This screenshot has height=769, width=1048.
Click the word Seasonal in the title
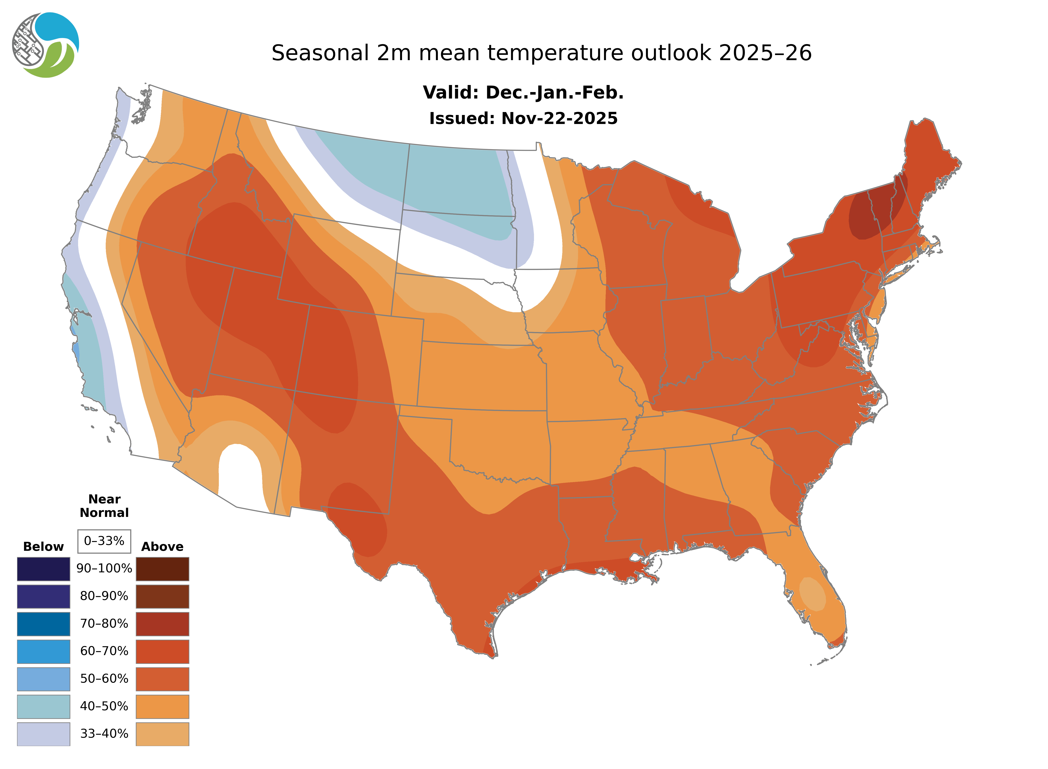coord(320,53)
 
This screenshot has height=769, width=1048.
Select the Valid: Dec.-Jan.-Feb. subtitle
coord(523,93)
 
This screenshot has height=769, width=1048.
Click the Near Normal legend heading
coord(104,506)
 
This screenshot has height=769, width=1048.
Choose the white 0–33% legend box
coord(104,541)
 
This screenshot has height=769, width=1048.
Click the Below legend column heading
coord(43,546)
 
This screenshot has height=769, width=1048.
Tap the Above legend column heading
coord(162,546)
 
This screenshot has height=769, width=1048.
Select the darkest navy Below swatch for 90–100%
coord(43,569)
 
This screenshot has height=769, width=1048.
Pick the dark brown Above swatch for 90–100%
coord(162,569)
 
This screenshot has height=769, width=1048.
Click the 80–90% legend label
coord(104,596)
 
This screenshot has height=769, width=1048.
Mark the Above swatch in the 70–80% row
coord(162,624)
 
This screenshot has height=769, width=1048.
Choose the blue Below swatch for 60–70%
coord(43,651)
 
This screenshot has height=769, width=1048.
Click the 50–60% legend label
coord(104,679)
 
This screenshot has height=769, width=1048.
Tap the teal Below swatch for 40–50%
coord(43,706)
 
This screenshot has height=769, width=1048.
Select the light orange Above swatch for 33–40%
coord(162,734)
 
